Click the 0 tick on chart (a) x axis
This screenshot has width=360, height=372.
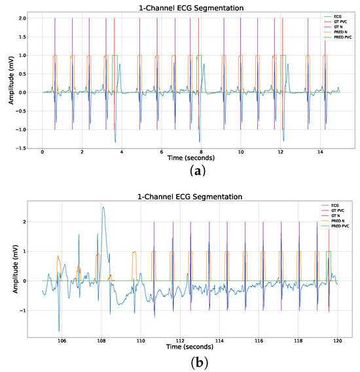(x=43, y=152)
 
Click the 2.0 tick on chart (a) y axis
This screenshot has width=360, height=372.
(x=22, y=18)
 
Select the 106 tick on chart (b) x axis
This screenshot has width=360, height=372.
(x=62, y=341)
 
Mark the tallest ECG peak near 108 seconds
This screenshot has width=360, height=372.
(x=103, y=208)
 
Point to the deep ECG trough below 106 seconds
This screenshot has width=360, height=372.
(x=59, y=330)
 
